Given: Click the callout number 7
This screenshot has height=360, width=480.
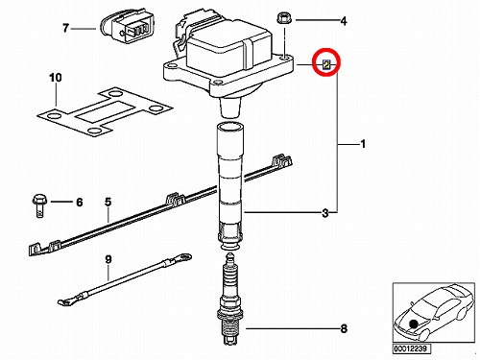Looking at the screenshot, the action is tap(65, 28).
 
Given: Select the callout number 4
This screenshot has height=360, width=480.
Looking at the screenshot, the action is tap(344, 21).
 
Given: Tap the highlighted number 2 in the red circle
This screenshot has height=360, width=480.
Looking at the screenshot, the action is tap(326, 65).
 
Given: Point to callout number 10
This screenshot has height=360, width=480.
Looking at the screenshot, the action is tap(56, 78).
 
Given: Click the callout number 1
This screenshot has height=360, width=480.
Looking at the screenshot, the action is tap(363, 144).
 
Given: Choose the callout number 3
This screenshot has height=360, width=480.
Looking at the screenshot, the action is tap(325, 213).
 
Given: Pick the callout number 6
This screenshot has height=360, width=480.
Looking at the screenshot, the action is tap(79, 203).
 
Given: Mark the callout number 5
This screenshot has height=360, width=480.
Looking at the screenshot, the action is tap(108, 202).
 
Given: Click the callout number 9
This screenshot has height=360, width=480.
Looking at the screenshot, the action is tap(108, 259).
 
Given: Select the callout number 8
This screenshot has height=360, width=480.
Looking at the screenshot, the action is tap(344, 328).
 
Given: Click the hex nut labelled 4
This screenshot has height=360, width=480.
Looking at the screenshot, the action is tap(284, 18).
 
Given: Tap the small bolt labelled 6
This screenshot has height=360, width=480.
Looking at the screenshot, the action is tap(39, 205).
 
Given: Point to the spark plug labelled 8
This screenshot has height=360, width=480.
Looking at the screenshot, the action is tap(228, 299).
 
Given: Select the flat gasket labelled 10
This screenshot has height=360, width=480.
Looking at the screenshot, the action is tap(105, 111).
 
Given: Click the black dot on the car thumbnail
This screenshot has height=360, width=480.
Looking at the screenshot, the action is tap(414, 324).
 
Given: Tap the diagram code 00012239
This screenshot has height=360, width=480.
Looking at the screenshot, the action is tap(412, 348).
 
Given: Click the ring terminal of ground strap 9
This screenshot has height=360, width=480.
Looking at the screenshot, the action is tap(185, 256).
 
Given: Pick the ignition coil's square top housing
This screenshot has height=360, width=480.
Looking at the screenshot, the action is tap(228, 51).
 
